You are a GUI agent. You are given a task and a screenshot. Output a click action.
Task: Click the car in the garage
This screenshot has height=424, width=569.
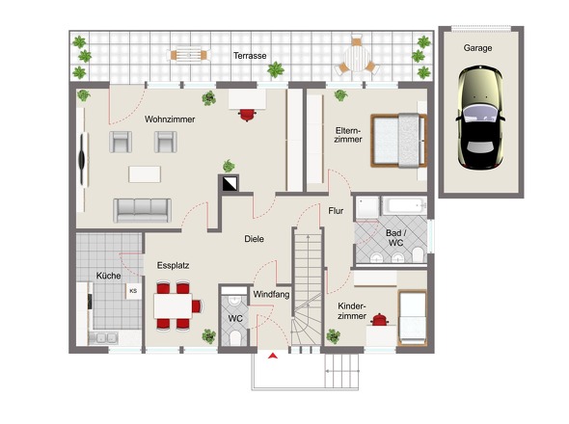481,118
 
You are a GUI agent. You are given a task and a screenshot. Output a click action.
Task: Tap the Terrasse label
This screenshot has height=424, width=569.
250,56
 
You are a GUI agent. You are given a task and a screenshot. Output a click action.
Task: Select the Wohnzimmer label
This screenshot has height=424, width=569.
170,119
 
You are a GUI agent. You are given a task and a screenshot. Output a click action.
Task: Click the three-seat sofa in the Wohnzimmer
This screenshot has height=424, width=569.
143,210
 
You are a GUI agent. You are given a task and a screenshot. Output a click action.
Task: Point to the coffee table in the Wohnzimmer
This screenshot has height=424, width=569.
145,174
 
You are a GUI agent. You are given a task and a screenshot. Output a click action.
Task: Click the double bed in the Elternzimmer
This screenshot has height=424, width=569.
398,141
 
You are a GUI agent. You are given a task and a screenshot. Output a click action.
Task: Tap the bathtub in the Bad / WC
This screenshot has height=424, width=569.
405,205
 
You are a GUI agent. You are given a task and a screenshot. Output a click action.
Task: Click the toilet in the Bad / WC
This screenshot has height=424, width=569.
418,254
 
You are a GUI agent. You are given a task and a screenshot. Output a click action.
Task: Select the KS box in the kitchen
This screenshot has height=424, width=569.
133,291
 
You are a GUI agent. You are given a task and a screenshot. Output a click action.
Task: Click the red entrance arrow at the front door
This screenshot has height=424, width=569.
273,356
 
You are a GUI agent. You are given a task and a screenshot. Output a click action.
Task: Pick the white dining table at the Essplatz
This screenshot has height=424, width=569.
173,306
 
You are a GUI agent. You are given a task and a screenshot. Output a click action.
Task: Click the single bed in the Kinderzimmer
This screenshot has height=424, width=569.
412,318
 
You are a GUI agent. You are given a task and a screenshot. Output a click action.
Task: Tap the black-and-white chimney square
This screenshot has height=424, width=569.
229,183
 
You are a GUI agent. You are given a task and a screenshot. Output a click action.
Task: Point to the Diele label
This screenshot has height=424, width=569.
254,239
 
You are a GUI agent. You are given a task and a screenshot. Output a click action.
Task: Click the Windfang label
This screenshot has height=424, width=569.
271,295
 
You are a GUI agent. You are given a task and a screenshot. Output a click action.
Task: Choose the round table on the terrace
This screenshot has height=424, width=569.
357,58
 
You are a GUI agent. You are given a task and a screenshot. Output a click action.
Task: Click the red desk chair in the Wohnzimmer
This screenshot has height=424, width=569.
247,115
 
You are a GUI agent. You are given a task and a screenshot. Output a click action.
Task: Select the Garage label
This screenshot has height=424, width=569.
477,48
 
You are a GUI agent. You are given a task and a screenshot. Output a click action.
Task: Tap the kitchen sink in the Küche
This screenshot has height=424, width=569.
103,338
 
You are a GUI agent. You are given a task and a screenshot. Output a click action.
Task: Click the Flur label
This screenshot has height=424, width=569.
336,211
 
